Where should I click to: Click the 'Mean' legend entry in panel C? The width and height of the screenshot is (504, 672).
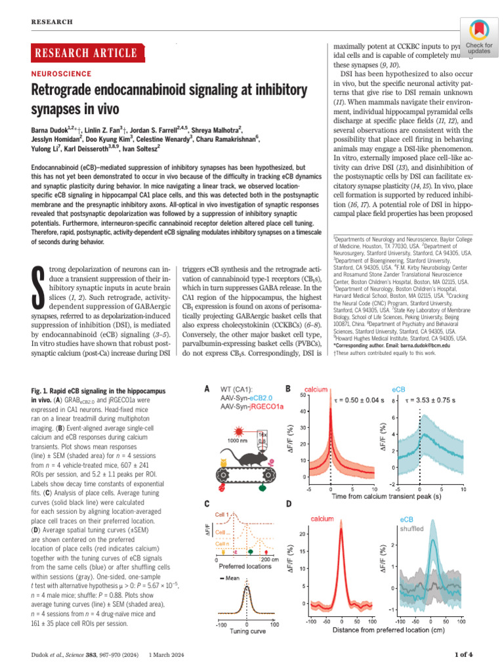(x=229, y=578)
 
